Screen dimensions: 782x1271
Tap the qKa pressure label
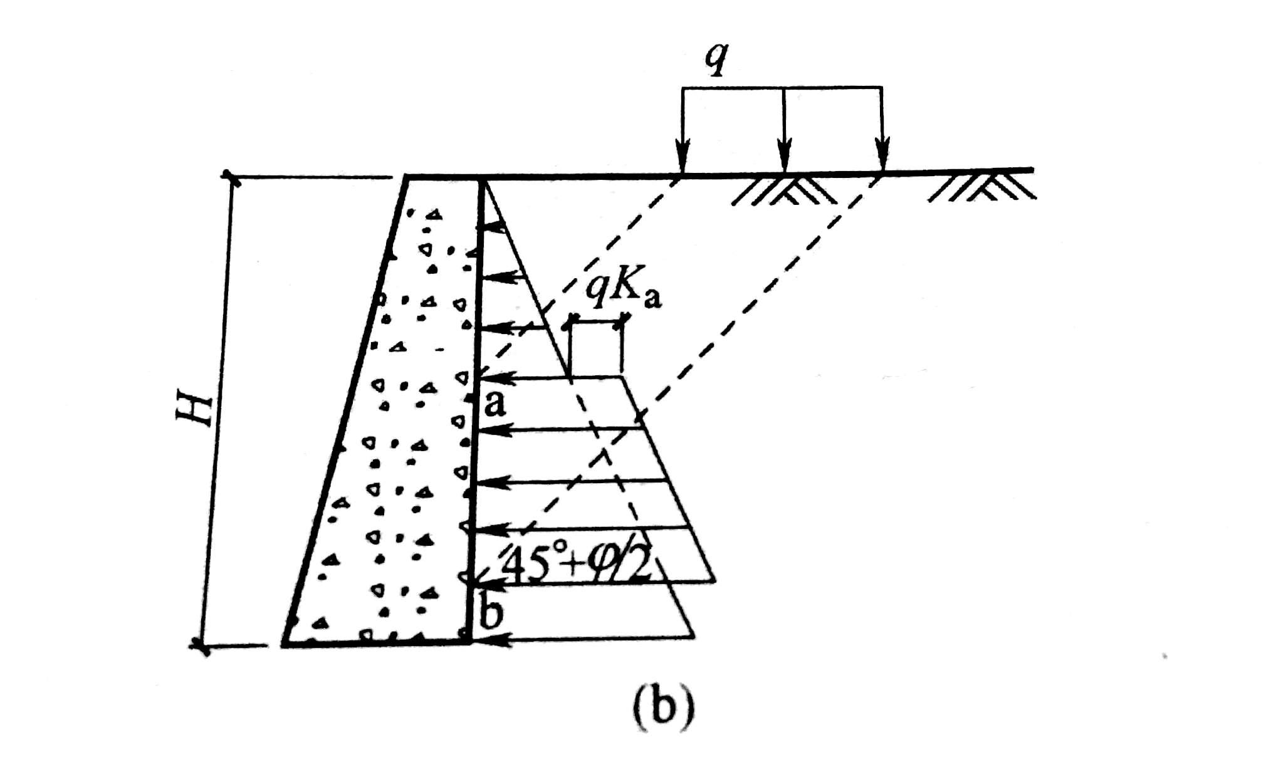[622, 291]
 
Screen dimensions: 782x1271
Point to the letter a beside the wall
[495, 404]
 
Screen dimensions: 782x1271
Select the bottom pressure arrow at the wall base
[492, 639]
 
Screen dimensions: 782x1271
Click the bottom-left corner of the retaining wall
[284, 643]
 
